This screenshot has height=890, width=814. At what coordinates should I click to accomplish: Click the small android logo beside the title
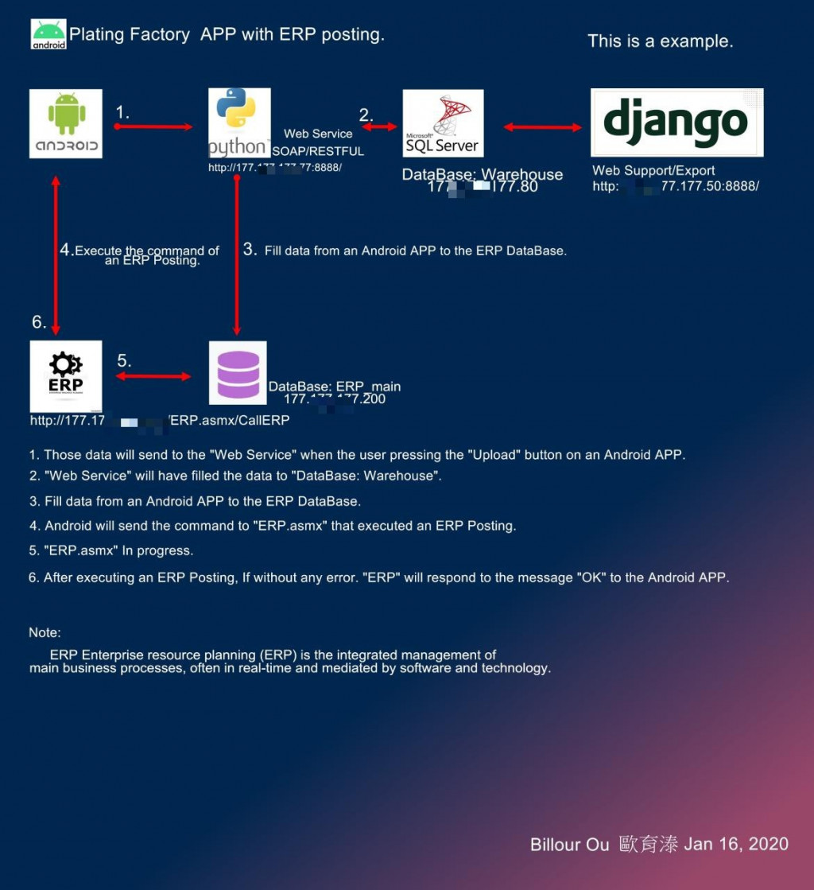(48, 34)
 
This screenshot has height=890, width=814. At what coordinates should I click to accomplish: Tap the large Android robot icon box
(66, 123)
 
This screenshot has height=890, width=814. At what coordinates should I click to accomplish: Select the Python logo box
(239, 122)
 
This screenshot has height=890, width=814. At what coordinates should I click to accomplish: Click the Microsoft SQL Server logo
(443, 122)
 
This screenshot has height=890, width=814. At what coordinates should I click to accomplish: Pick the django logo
(676, 122)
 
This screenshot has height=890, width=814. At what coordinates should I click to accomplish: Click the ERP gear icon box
(66, 376)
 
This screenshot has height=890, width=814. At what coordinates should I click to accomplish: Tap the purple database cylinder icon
(238, 373)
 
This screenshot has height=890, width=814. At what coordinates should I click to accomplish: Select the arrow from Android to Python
(153, 126)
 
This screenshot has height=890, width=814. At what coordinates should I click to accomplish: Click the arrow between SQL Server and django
(543, 126)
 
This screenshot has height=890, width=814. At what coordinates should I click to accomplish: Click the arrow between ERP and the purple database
(153, 376)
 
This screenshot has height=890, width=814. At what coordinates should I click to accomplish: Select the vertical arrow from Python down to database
(236, 255)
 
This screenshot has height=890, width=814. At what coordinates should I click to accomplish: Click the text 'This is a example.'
(660, 41)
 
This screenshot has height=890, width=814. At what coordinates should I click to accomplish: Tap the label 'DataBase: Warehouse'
(482, 174)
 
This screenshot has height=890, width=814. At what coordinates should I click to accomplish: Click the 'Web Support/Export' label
(653, 170)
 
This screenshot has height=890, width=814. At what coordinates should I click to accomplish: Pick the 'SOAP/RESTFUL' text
(318, 151)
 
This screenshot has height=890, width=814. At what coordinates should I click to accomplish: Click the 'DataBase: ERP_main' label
(335, 387)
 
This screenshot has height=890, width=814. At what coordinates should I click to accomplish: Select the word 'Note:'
(45, 632)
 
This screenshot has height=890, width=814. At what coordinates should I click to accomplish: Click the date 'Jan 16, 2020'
(736, 844)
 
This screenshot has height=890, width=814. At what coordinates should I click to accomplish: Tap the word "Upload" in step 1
(475, 455)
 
